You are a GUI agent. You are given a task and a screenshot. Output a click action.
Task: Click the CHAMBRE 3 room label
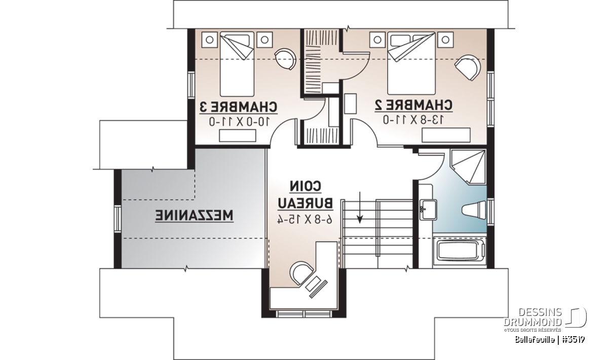point(239,107)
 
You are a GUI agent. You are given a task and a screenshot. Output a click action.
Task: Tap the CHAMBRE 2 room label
point(413,105)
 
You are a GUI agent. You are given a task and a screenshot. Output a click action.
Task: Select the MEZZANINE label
point(195,216)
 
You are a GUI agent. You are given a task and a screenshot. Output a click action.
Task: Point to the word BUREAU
point(306,204)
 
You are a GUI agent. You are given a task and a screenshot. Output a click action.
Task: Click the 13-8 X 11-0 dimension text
point(413,119)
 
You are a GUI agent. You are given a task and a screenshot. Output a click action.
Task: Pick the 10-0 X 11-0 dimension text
point(239,122)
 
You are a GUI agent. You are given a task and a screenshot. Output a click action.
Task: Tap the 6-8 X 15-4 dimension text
point(305,219)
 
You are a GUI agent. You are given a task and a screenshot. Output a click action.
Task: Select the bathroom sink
point(428,210)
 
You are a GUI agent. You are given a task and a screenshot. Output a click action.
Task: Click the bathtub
point(459,251)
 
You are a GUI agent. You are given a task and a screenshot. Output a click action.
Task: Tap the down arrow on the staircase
point(360,208)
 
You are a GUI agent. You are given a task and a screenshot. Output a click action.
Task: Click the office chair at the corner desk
point(301,273)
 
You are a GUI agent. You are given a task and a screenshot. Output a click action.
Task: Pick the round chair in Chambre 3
point(285,59)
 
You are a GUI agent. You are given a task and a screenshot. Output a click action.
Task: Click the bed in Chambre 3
point(237,64)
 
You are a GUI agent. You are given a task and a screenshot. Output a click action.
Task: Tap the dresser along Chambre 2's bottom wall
point(446,135)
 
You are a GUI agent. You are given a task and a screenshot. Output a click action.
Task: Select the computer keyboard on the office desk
point(318,290)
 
